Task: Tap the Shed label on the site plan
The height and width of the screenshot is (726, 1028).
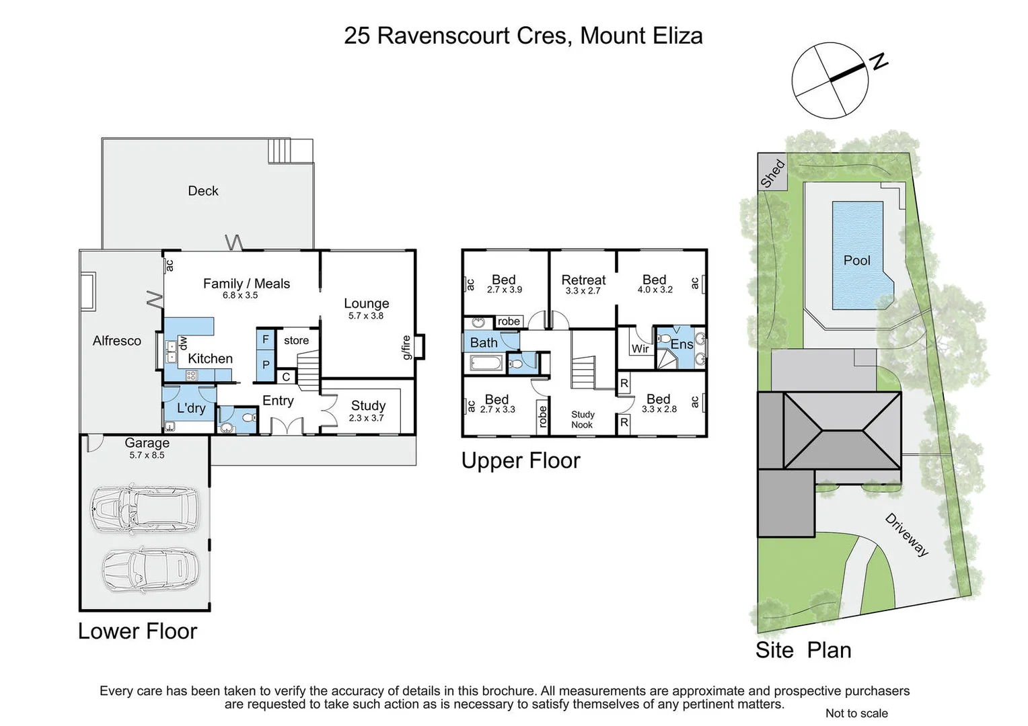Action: [772, 173]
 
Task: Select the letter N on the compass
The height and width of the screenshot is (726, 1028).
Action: [879, 62]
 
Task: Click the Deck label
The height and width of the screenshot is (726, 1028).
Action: [203, 191]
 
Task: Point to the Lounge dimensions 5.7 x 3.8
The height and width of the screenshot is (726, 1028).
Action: [365, 316]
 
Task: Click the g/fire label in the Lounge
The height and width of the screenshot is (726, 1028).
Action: [406, 348]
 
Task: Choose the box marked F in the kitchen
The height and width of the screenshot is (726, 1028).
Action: [266, 339]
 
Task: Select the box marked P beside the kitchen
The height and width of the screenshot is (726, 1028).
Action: [266, 365]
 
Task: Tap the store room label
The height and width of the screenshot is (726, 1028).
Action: [296, 341]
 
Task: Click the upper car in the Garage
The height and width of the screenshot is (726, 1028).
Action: [145, 508]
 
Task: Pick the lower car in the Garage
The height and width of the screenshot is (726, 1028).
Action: [150, 569]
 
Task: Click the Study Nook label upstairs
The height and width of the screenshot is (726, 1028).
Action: [582, 419]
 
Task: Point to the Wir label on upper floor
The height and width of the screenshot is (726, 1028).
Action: [640, 348]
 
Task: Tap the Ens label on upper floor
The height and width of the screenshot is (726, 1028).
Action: [682, 344]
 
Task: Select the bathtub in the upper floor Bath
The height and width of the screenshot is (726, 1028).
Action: [485, 364]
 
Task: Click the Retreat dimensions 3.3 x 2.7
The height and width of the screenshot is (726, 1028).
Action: [583, 291]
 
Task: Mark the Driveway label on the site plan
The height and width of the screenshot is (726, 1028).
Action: [907, 535]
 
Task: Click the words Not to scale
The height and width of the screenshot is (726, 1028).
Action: [856, 713]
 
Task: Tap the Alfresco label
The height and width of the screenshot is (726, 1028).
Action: [117, 341]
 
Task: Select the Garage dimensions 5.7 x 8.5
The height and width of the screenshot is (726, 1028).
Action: [147, 455]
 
